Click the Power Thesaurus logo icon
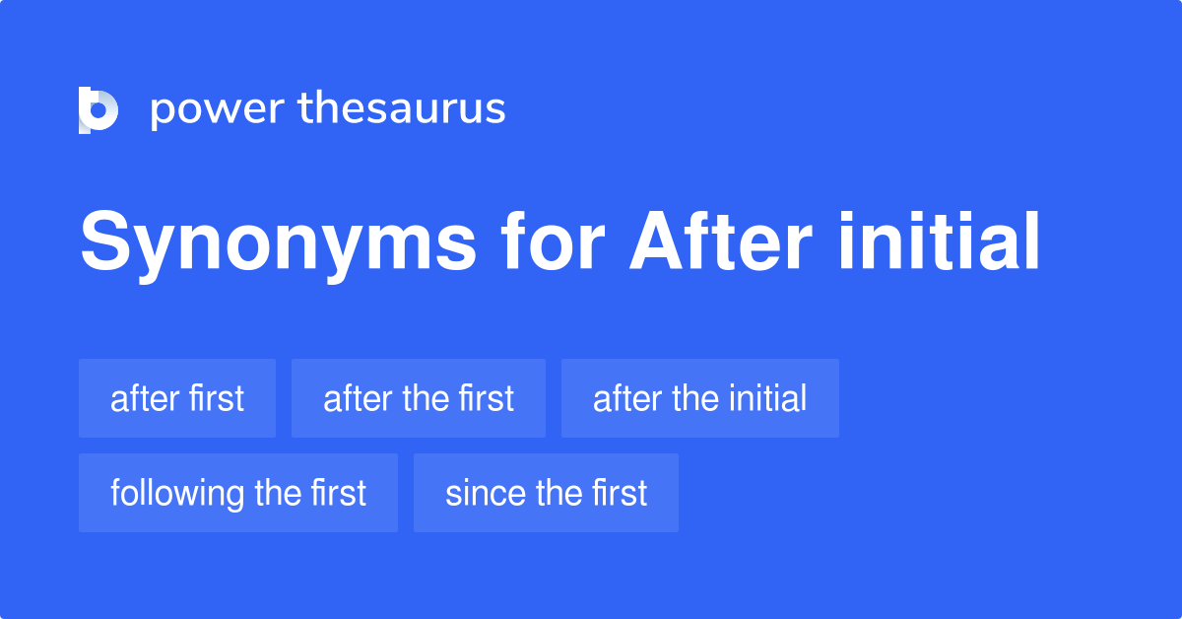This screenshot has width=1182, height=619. coord(98,109)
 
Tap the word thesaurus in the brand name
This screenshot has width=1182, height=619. coord(402,109)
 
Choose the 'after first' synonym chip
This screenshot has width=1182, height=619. coord(177,398)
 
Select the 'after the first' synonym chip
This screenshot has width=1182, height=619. coord(419,398)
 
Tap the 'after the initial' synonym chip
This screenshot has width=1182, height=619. coord(700,398)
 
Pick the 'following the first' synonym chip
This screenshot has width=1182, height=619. coord(238,493)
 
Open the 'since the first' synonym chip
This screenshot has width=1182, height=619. coord(547,493)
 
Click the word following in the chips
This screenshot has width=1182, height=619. coord(178,493)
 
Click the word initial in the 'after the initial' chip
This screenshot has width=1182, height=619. coord(767,398)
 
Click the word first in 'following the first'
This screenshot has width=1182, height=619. coord(338,493)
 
